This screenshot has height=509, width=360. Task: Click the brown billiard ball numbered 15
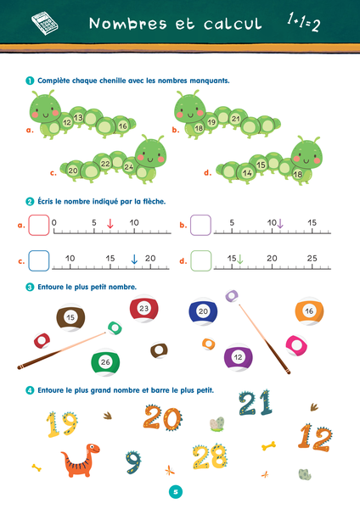70,318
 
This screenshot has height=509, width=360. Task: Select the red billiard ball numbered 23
143,309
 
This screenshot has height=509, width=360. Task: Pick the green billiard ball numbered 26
104,362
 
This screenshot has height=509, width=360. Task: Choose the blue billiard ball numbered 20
203,312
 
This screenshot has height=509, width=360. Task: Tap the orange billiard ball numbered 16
309,312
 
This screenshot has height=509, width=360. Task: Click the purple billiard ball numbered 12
238,357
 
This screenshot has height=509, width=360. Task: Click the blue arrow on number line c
134,259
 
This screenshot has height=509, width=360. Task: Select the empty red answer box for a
39,225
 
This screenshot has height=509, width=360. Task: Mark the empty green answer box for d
200,260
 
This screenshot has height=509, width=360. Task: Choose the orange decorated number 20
162,417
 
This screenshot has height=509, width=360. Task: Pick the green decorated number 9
133,462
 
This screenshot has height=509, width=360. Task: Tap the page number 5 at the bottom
175,491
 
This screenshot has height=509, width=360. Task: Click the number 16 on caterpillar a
123,126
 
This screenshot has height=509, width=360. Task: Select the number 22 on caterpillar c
105,164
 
